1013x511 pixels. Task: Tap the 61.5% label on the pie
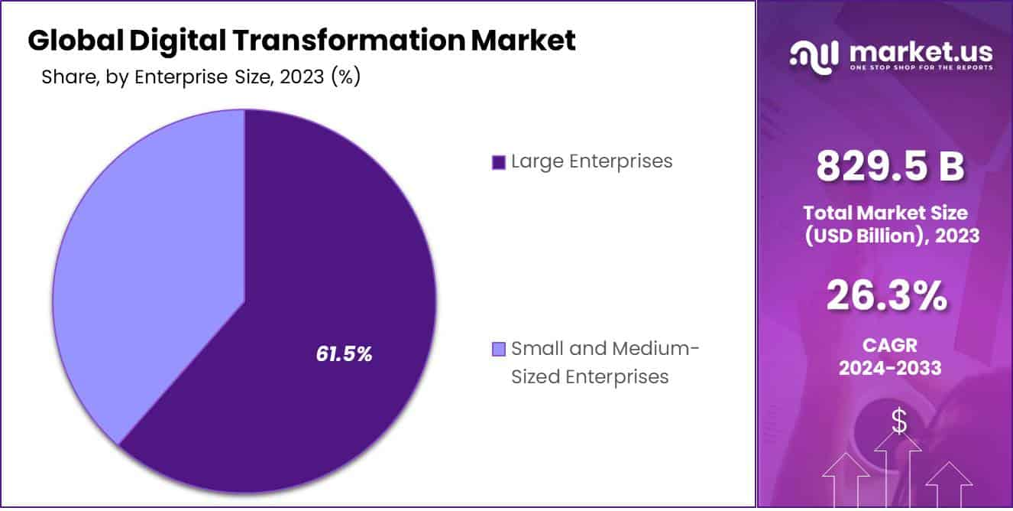[344, 353]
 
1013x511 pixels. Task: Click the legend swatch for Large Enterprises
[499, 162]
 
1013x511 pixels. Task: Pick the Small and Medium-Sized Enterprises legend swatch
[499, 350]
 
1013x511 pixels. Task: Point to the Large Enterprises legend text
[591, 161]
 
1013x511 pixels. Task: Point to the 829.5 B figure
[891, 166]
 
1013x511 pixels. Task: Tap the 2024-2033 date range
[889, 368]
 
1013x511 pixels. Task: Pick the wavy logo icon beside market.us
[816, 55]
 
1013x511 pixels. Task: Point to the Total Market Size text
[885, 213]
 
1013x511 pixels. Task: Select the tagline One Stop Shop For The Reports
[920, 68]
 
